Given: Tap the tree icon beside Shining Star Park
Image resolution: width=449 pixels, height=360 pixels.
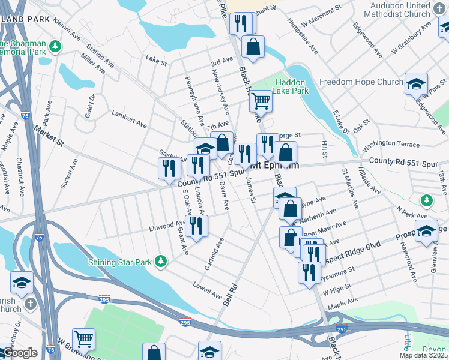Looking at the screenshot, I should (x=160, y=261).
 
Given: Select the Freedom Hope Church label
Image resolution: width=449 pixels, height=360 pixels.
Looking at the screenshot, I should (x=361, y=82).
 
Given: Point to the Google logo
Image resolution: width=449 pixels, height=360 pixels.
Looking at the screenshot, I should (x=19, y=353).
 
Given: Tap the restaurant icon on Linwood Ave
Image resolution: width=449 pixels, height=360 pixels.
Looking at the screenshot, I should (x=196, y=226).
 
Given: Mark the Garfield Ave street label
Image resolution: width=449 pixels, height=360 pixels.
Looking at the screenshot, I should (x=213, y=253).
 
